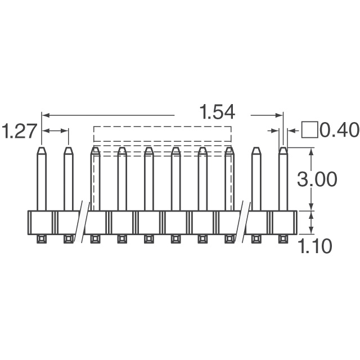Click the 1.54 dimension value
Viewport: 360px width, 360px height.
pyautogui.click(x=217, y=112)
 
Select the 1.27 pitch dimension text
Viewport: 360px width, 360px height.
pyautogui.click(x=19, y=131)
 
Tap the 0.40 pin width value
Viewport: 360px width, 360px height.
pyautogui.click(x=340, y=130)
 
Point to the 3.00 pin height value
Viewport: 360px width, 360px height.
pyautogui.click(x=317, y=179)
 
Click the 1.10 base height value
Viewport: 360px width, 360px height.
pyautogui.click(x=316, y=246)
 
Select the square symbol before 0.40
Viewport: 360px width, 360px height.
pyautogui.click(x=310, y=130)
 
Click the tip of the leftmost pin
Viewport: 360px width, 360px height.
pyautogui.click(x=42, y=147)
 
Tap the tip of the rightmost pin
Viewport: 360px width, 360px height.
pyautogui.click(x=283, y=147)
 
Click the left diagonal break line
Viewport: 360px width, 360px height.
pyautogui.click(x=82, y=222)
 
